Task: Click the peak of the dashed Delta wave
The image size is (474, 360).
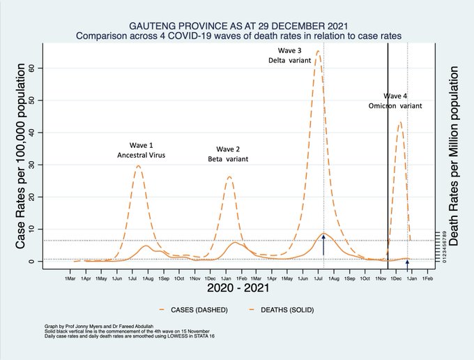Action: click(x=318, y=51)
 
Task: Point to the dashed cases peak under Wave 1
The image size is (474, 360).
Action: click(x=139, y=165)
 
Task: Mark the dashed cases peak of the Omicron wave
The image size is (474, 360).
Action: click(x=399, y=123)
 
